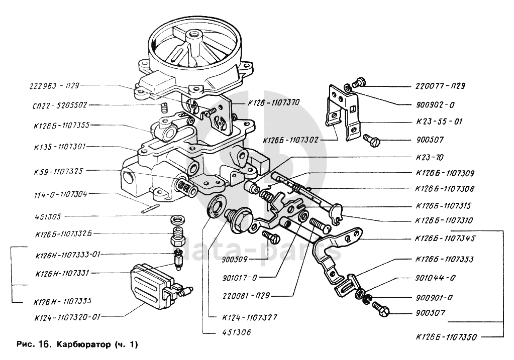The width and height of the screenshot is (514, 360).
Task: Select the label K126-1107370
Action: tap(273, 102)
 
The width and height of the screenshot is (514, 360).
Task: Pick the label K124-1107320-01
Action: tap(68, 317)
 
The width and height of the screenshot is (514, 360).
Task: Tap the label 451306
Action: tap(235, 332)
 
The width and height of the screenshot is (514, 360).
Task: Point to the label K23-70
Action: tap(430, 157)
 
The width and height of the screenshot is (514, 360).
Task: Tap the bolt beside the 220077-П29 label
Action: tap(358, 83)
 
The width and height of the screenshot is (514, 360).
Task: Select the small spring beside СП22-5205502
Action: tap(164, 107)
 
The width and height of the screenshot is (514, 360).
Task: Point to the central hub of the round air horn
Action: tap(193, 37)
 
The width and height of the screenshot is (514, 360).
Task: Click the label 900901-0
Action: tap(435, 297)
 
